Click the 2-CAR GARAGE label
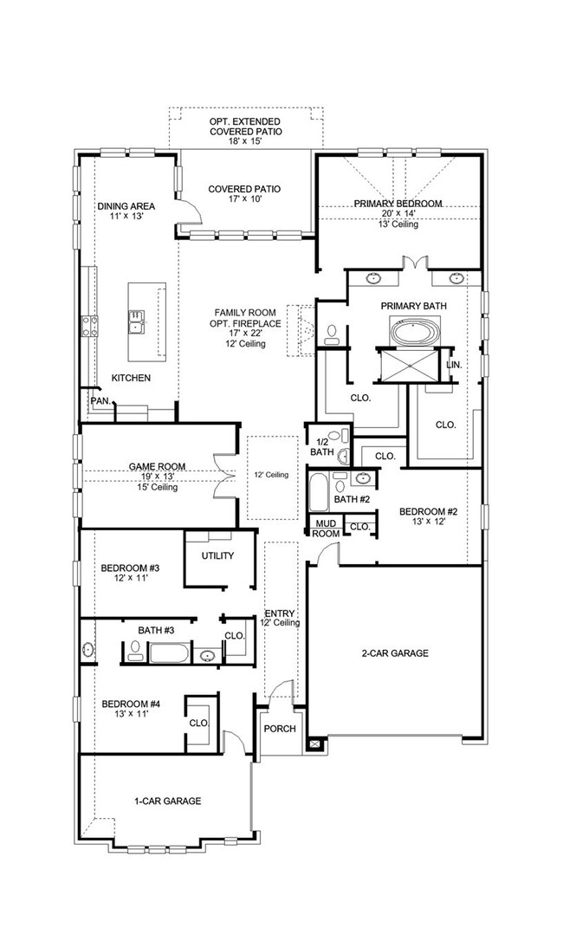[x=394, y=653]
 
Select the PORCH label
[x=281, y=729]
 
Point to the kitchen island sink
[x=137, y=321]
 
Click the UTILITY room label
[x=217, y=555]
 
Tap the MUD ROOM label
[x=326, y=529]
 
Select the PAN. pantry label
[x=100, y=401]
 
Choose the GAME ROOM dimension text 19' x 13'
[x=152, y=477]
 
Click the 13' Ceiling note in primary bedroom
[x=398, y=225]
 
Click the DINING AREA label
[x=126, y=206]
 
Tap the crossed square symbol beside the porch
[x=314, y=743]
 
